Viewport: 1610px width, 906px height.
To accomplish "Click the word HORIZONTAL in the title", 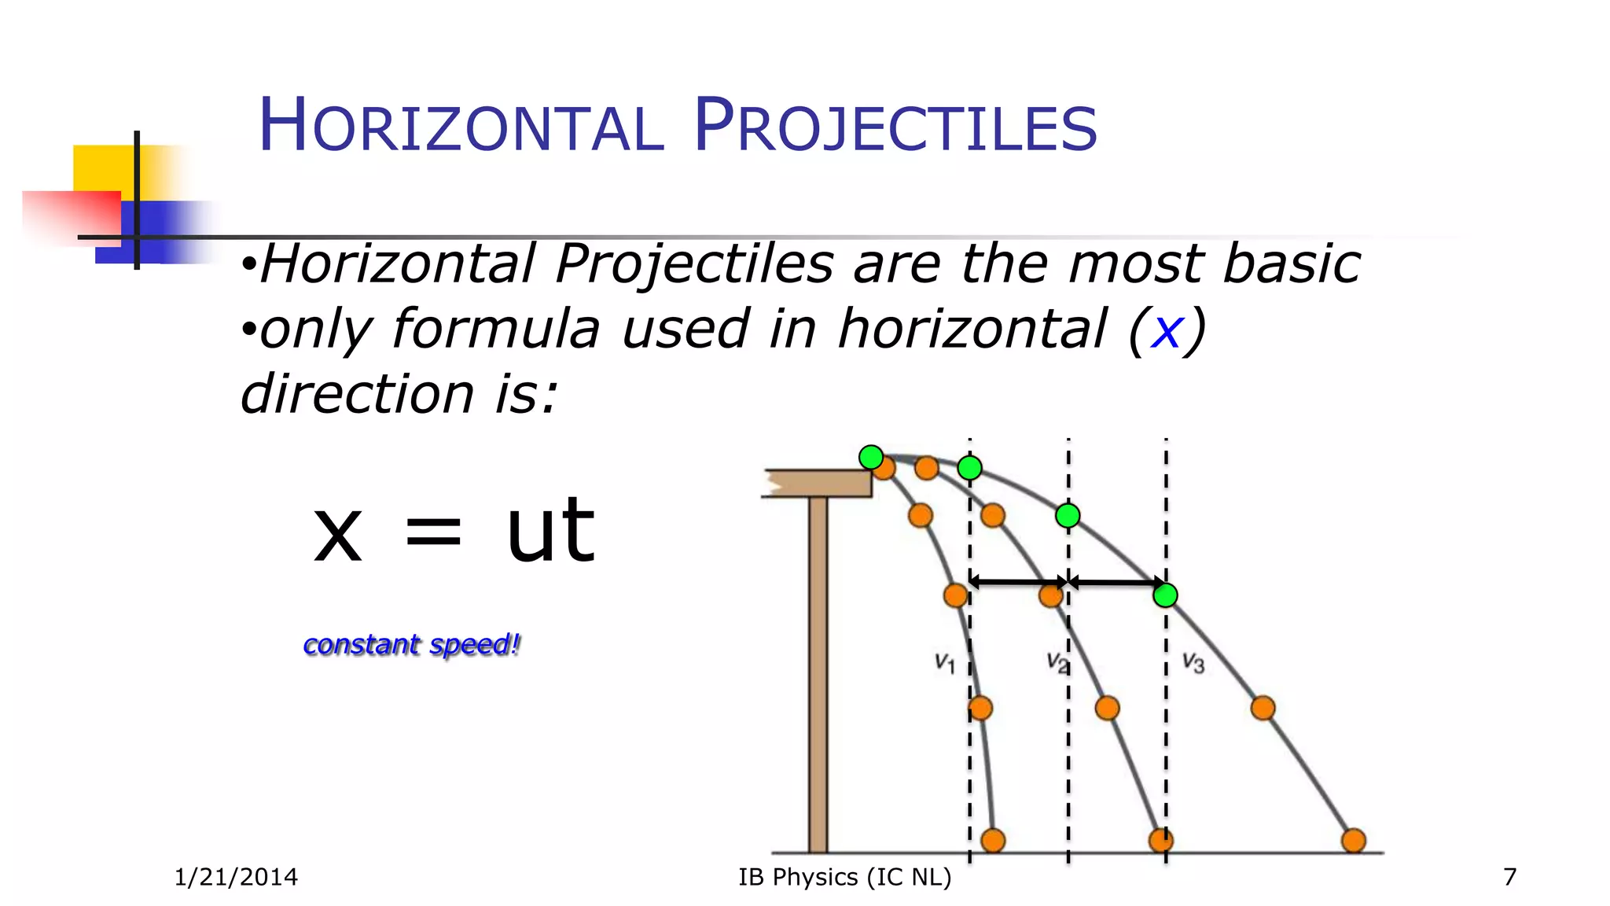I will click(461, 126).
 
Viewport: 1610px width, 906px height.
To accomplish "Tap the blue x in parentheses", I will click(1166, 330).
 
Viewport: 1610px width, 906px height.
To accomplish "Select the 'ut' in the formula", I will click(550, 531).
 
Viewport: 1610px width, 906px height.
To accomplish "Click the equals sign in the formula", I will click(432, 531).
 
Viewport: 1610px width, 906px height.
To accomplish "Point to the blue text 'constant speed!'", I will click(411, 645).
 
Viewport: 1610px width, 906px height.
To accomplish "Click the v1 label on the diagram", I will click(944, 663).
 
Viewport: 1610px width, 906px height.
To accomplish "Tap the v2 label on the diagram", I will click(1057, 663).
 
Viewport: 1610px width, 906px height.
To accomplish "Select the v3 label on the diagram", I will click(1193, 663).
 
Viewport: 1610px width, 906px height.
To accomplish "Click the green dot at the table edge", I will click(870, 457).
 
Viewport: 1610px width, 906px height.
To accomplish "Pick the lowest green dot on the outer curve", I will click(1165, 595).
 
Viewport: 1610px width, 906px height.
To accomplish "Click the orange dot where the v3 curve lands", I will click(1353, 841).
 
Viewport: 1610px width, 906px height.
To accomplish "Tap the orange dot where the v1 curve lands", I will click(993, 841).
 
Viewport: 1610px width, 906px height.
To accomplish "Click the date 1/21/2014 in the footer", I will click(236, 877).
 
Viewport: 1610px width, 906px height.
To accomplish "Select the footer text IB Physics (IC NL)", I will click(844, 877).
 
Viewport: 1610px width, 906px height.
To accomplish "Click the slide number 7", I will click(1509, 877).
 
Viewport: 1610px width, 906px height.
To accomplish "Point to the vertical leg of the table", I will click(818, 676).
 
